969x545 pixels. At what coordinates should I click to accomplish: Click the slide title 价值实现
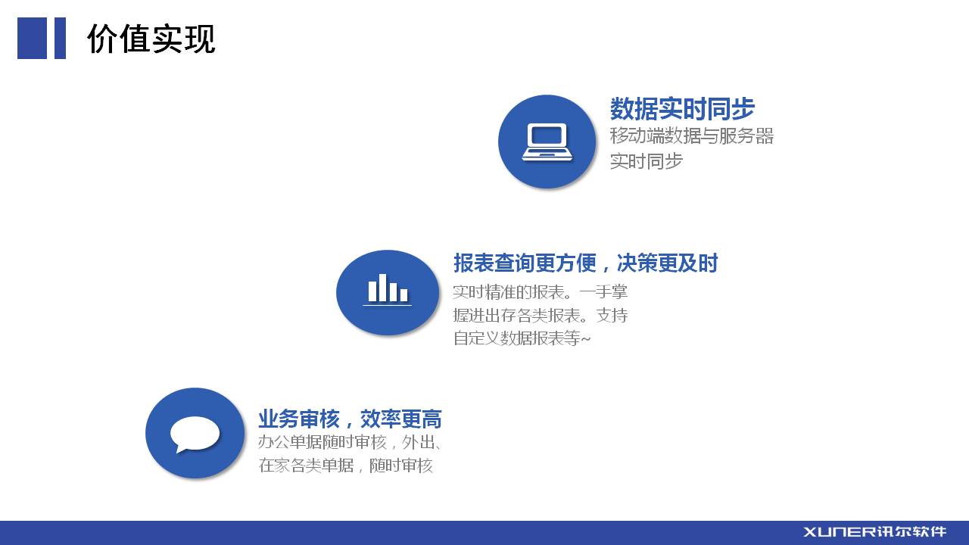(151, 39)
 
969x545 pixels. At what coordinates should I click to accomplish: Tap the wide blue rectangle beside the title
(32, 38)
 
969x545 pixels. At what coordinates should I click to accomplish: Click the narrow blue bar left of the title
(60, 38)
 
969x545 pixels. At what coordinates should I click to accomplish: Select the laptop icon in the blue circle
(547, 142)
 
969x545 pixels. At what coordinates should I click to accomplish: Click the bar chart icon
(387, 290)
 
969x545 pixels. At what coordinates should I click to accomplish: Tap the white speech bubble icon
(195, 434)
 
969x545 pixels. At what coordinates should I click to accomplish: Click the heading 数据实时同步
(682, 108)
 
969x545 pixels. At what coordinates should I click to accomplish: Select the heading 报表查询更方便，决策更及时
(586, 263)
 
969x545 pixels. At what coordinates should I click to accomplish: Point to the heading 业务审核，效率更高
(350, 419)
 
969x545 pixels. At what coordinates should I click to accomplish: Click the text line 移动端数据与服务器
(692, 135)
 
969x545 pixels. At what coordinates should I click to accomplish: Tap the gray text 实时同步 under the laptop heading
(647, 161)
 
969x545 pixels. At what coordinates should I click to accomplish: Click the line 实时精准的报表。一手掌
(541, 292)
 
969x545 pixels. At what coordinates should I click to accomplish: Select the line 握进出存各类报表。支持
(541, 316)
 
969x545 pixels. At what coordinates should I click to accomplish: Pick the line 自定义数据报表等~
(522, 338)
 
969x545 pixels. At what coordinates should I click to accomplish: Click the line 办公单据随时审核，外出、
(350, 443)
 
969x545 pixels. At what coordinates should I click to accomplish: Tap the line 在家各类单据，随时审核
(346, 466)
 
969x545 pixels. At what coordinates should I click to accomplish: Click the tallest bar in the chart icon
(382, 288)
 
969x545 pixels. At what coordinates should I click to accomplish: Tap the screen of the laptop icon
(547, 135)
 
